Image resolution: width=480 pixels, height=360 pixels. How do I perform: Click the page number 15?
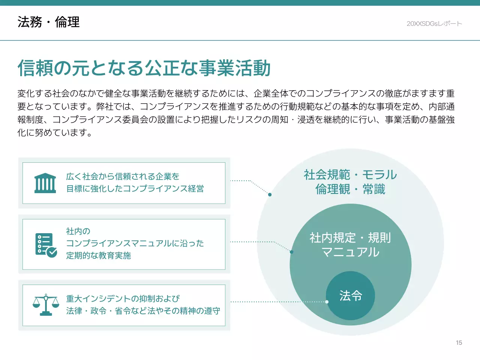459,343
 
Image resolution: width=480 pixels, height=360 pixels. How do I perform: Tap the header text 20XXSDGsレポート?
434,24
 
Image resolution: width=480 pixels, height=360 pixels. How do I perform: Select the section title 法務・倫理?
48,22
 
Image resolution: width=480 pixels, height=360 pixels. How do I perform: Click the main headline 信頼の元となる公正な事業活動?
144,68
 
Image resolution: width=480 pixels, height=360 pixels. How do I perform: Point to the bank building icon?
45,183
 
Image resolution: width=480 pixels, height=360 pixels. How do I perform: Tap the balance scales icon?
46,304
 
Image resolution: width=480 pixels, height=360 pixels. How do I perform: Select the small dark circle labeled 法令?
350,295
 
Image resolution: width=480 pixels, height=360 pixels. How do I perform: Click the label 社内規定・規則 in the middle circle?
350,238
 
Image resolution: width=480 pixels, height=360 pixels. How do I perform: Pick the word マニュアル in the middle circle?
350,252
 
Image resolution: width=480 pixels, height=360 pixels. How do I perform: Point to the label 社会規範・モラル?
350,175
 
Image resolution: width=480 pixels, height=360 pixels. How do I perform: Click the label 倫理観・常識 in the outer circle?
350,189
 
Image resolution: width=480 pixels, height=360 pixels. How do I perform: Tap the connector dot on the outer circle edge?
270,195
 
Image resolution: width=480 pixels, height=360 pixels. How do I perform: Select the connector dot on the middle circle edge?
291,252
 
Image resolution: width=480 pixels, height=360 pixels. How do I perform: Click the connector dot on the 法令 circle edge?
327,302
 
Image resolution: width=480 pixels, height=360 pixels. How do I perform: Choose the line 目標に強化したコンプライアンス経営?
135,189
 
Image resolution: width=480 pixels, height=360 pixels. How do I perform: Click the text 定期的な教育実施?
98,256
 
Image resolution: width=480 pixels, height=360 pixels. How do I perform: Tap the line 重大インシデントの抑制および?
123,298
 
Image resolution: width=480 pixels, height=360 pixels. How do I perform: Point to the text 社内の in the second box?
78,231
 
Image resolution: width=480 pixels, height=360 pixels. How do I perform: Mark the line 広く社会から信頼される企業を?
123,176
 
